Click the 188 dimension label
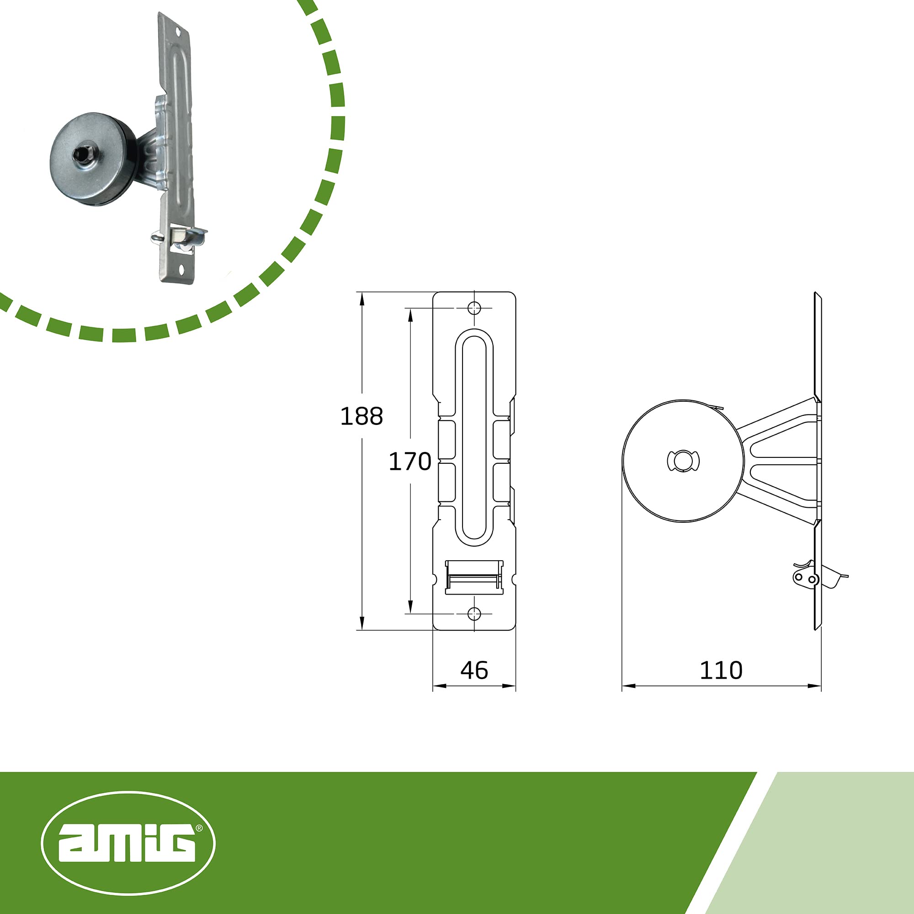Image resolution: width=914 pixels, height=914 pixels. (361, 416)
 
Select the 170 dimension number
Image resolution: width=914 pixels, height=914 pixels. (409, 461)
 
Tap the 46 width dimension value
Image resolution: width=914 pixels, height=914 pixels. (474, 670)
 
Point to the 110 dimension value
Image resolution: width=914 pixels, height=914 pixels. (721, 670)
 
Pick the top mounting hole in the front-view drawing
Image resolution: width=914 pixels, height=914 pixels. (474, 308)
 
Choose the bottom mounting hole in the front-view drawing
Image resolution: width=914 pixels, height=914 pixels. (474, 614)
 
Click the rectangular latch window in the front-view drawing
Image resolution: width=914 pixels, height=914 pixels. (474, 577)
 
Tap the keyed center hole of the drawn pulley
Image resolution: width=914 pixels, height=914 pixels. (683, 461)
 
